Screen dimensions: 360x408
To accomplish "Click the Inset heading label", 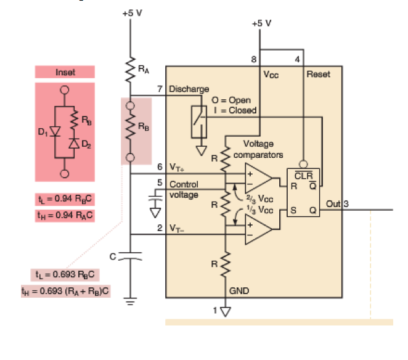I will coord(65,72).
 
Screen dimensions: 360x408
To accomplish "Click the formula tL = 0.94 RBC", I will coord(65,200).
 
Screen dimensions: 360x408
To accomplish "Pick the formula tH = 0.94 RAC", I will coord(65,215).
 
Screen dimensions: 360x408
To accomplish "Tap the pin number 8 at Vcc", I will coord(253,60).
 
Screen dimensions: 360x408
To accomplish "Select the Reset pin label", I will coord(318,74).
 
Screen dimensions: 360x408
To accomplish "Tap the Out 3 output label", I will coord(337,204).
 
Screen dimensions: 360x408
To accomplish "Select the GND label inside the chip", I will coord(239,289).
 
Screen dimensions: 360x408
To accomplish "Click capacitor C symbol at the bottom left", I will coord(130,255).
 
